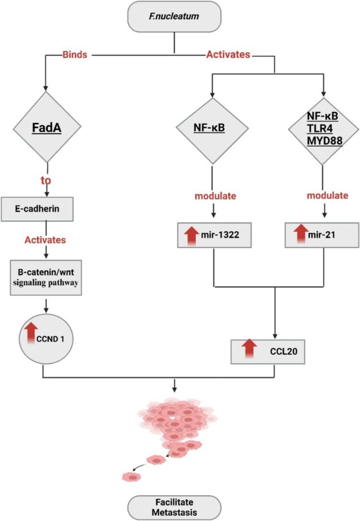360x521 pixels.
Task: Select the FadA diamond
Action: click(x=46, y=128)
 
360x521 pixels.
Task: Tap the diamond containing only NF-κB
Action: click(x=212, y=128)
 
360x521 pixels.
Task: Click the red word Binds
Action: click(x=75, y=55)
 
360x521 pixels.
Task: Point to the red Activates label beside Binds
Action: click(x=228, y=55)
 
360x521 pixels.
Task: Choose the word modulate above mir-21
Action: click(x=328, y=196)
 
